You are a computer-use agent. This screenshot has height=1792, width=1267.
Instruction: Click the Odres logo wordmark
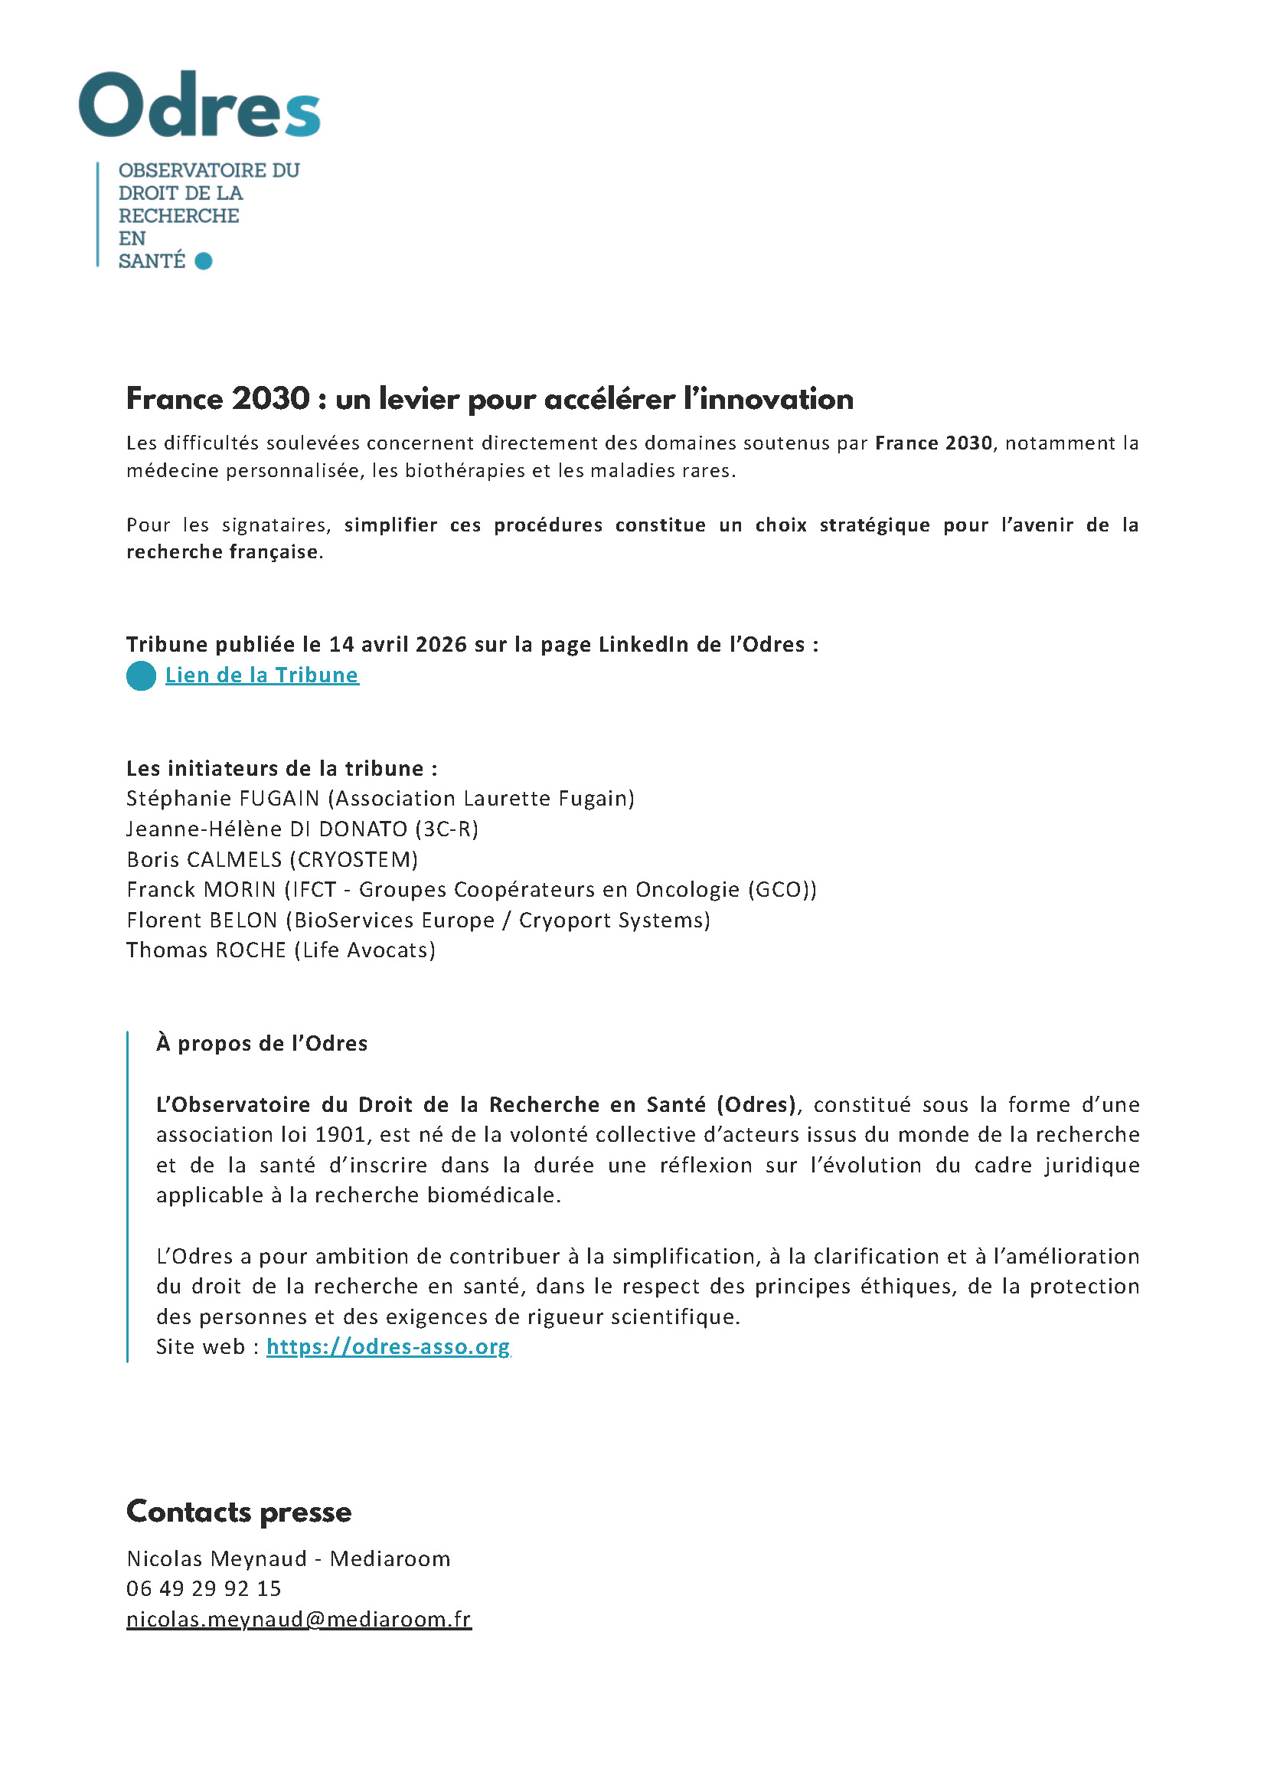[x=200, y=105]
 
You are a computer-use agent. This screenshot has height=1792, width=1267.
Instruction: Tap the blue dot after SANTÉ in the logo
[x=204, y=260]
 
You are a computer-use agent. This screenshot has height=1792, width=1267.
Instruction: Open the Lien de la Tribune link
[x=261, y=675]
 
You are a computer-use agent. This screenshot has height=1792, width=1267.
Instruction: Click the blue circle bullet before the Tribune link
[x=141, y=676]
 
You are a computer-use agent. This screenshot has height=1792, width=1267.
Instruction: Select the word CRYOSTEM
[x=354, y=859]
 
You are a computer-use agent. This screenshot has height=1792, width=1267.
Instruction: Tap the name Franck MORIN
[x=201, y=890]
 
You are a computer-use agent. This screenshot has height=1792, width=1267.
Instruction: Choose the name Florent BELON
[x=201, y=921]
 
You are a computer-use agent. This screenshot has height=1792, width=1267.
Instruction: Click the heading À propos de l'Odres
[x=261, y=1044]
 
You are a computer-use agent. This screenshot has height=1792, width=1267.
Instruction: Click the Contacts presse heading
[x=239, y=1512]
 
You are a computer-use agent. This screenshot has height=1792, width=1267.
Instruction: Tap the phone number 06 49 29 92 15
[x=204, y=1588]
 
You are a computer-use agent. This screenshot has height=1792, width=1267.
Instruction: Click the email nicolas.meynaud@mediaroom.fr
[x=299, y=1620]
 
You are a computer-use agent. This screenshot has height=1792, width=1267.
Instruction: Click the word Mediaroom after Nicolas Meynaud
[x=390, y=1558]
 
